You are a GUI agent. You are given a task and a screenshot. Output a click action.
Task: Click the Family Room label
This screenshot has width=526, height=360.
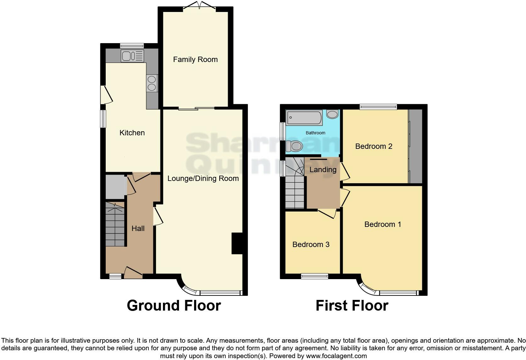point(195,59)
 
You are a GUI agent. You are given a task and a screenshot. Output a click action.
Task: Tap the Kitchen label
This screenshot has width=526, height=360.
point(132,133)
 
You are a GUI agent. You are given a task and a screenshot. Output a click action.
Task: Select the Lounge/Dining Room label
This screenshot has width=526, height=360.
point(203,178)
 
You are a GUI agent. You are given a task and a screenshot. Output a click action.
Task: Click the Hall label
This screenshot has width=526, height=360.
point(138,228)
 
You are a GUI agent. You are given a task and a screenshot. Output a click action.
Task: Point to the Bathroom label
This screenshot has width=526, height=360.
point(316,133)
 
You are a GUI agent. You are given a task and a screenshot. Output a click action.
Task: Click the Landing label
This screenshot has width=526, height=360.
point(323,170)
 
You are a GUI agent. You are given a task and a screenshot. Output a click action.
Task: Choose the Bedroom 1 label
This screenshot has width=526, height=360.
point(383,224)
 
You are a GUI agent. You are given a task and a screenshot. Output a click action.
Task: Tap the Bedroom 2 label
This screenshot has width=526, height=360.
point(374,146)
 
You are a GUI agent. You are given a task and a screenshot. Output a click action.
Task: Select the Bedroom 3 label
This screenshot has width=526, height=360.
point(311,245)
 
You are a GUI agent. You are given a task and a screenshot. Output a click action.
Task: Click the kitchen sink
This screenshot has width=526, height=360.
point(132,56)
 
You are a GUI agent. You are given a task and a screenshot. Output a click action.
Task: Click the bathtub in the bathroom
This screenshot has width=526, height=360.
point(304,118)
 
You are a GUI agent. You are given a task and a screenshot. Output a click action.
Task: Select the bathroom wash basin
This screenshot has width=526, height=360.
point(333,114)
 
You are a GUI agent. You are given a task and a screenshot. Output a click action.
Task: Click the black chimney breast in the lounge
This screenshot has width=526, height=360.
point(237,243)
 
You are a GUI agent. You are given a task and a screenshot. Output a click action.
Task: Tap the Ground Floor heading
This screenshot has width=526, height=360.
point(174,306)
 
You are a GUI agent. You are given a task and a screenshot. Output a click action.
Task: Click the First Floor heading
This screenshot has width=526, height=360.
point(352,306)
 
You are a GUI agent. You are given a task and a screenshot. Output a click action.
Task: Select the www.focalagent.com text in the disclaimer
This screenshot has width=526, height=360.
point(336,356)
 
